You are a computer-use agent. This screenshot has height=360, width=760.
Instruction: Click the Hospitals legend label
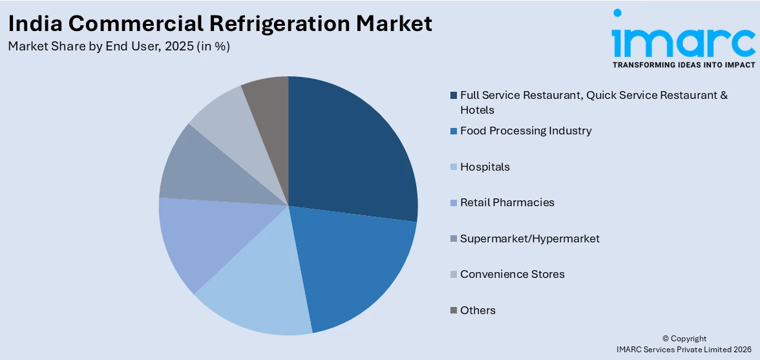[x=485, y=167]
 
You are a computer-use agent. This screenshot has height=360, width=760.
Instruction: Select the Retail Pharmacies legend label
[x=507, y=202]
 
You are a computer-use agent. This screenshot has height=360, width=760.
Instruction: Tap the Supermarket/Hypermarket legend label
[x=529, y=238]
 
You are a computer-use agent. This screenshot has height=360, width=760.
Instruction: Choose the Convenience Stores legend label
[x=512, y=274]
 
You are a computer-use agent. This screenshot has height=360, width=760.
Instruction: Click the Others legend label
[x=478, y=310]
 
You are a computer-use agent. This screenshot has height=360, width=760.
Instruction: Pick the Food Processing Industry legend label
[x=525, y=131]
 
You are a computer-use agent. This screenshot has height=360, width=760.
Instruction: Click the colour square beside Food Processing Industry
[x=454, y=131]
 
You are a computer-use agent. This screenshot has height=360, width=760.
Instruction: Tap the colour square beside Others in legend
[x=454, y=311]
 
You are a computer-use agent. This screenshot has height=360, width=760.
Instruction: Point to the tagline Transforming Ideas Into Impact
[x=684, y=65]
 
